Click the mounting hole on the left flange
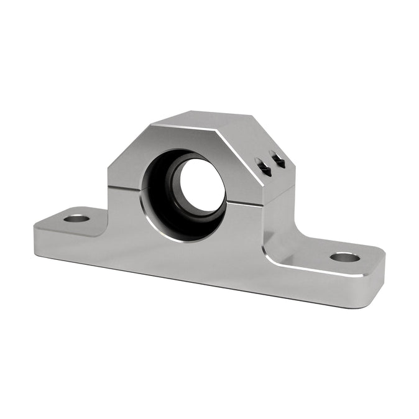coord(77,219)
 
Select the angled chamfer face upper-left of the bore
coord(127,149)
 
